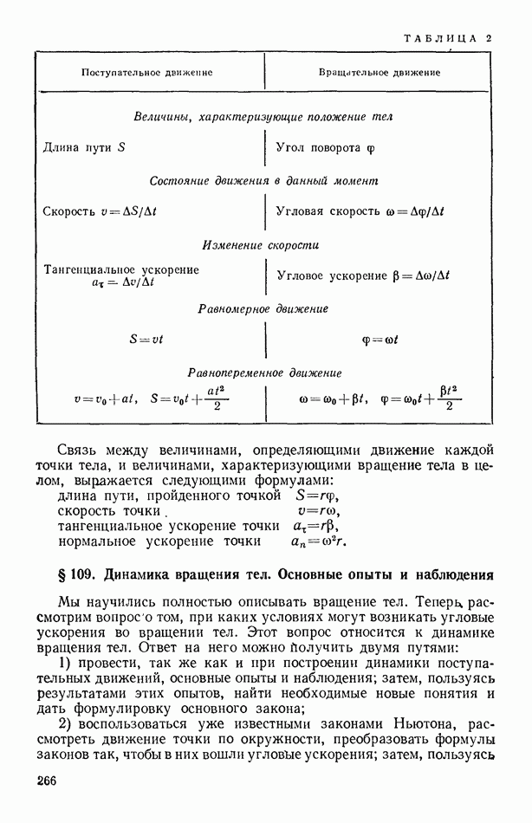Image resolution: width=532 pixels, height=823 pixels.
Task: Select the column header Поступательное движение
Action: pyautogui.click(x=146, y=73)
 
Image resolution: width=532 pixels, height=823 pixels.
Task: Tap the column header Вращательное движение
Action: pyautogui.click(x=380, y=73)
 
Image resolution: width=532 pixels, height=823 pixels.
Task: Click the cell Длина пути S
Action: pyautogui.click(x=84, y=147)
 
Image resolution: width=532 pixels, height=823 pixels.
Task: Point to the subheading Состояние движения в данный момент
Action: pyautogui.click(x=264, y=181)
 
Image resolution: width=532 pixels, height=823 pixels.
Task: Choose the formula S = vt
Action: pyautogui.click(x=146, y=340)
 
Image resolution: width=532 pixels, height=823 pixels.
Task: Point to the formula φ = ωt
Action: pyautogui.click(x=380, y=340)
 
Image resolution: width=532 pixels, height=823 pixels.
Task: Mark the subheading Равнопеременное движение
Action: pyautogui.click(x=264, y=373)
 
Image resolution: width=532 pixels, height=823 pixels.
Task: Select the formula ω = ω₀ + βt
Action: pyautogui.click(x=334, y=399)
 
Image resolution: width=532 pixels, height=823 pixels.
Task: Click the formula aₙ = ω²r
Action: pyautogui.click(x=319, y=542)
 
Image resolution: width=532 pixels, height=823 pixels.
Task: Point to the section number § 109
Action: pyautogui.click(x=77, y=574)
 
